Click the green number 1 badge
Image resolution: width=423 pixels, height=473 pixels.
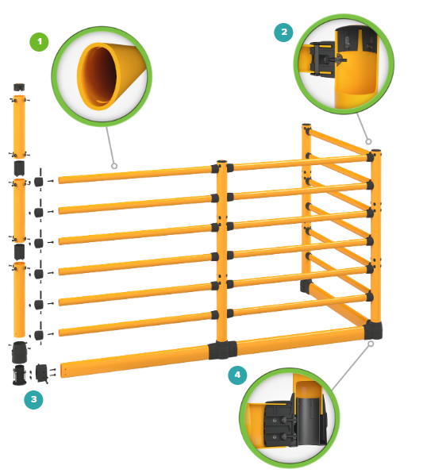[x=39, y=41]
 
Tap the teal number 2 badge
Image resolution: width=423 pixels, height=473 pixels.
[x=283, y=32]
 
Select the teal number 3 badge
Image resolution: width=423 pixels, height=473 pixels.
[x=33, y=399]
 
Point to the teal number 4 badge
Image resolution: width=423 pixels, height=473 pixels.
[x=237, y=375]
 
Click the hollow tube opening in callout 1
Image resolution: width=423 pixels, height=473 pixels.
[x=98, y=76]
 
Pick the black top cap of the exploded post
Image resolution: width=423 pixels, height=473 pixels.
[x=19, y=87]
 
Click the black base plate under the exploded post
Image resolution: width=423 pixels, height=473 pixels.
[x=19, y=375]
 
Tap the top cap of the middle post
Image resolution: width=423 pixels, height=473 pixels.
[x=221, y=162]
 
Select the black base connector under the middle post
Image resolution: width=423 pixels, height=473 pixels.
[x=223, y=350]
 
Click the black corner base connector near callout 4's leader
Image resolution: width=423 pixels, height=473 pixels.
[x=373, y=330]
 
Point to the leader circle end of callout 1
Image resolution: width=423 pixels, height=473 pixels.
[x=114, y=166]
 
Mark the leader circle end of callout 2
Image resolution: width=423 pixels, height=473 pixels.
[x=368, y=141]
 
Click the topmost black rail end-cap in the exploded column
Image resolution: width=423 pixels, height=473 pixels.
[x=38, y=182]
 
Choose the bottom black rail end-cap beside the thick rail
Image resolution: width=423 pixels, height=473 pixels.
[x=41, y=373]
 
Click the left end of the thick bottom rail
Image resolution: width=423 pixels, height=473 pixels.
[x=62, y=370]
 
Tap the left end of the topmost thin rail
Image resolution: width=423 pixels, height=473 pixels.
[x=60, y=180]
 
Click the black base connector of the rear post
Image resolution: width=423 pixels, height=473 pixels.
[x=306, y=286]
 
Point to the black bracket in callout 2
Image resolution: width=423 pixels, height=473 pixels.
[x=322, y=60]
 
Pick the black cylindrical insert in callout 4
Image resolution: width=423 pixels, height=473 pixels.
[x=308, y=420]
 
